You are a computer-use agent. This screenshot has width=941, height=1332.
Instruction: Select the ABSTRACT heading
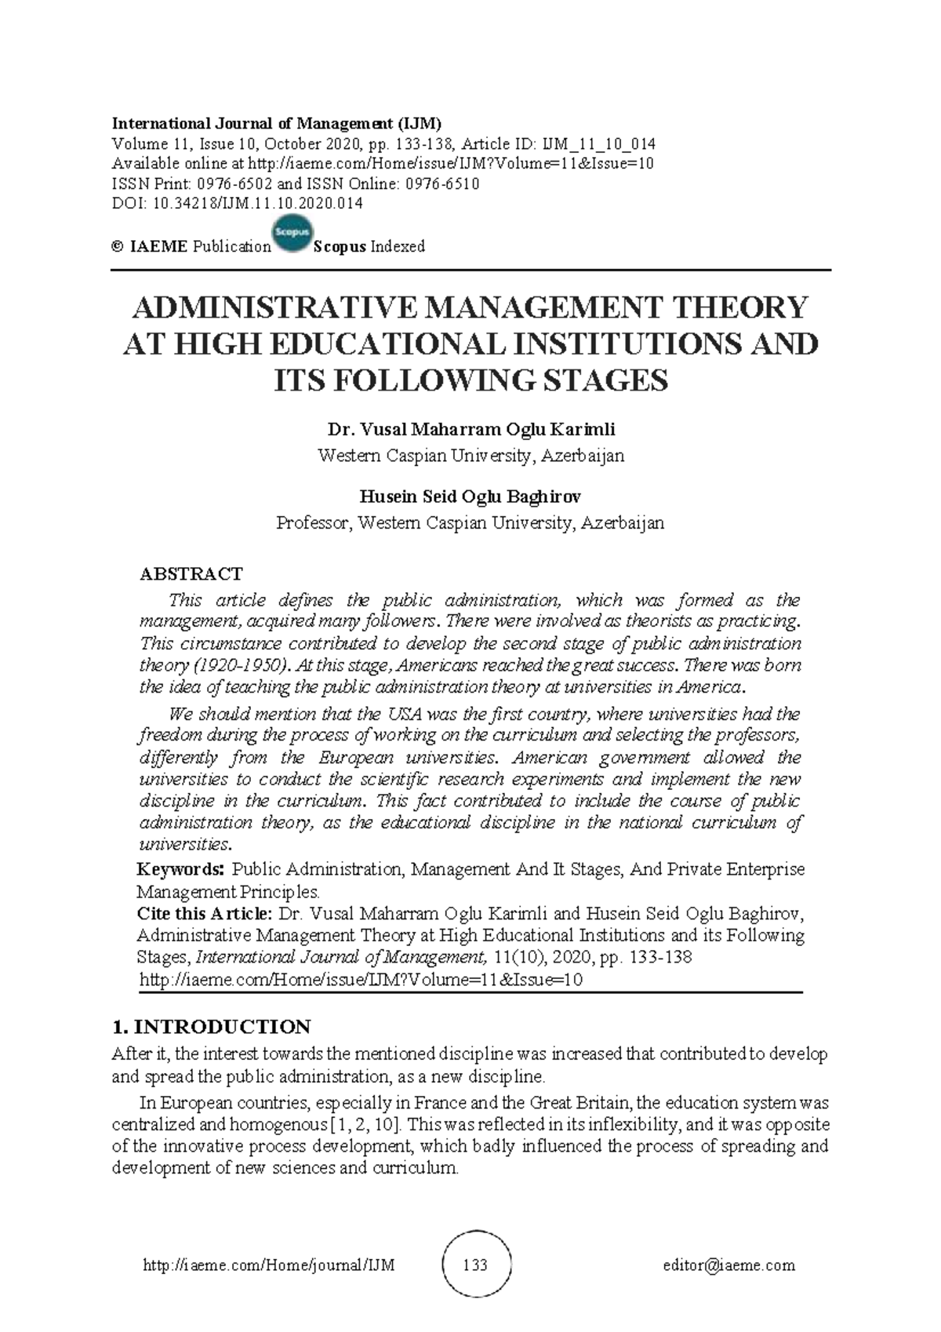[191, 573]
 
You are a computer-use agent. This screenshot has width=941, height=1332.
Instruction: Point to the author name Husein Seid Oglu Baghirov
[470, 497]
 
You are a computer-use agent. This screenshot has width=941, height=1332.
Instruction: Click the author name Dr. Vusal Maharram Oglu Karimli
[470, 430]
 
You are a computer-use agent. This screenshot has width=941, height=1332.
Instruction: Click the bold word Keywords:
[181, 869]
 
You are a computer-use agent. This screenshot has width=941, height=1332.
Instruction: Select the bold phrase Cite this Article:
[205, 914]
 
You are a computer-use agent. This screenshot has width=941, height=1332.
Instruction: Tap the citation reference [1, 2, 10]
[365, 1124]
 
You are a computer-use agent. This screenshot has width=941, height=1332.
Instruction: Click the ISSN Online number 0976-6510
[441, 184]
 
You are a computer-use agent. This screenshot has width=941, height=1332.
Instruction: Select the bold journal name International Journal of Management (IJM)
[277, 123]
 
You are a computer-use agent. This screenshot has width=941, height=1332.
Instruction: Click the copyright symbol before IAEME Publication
[118, 246]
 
